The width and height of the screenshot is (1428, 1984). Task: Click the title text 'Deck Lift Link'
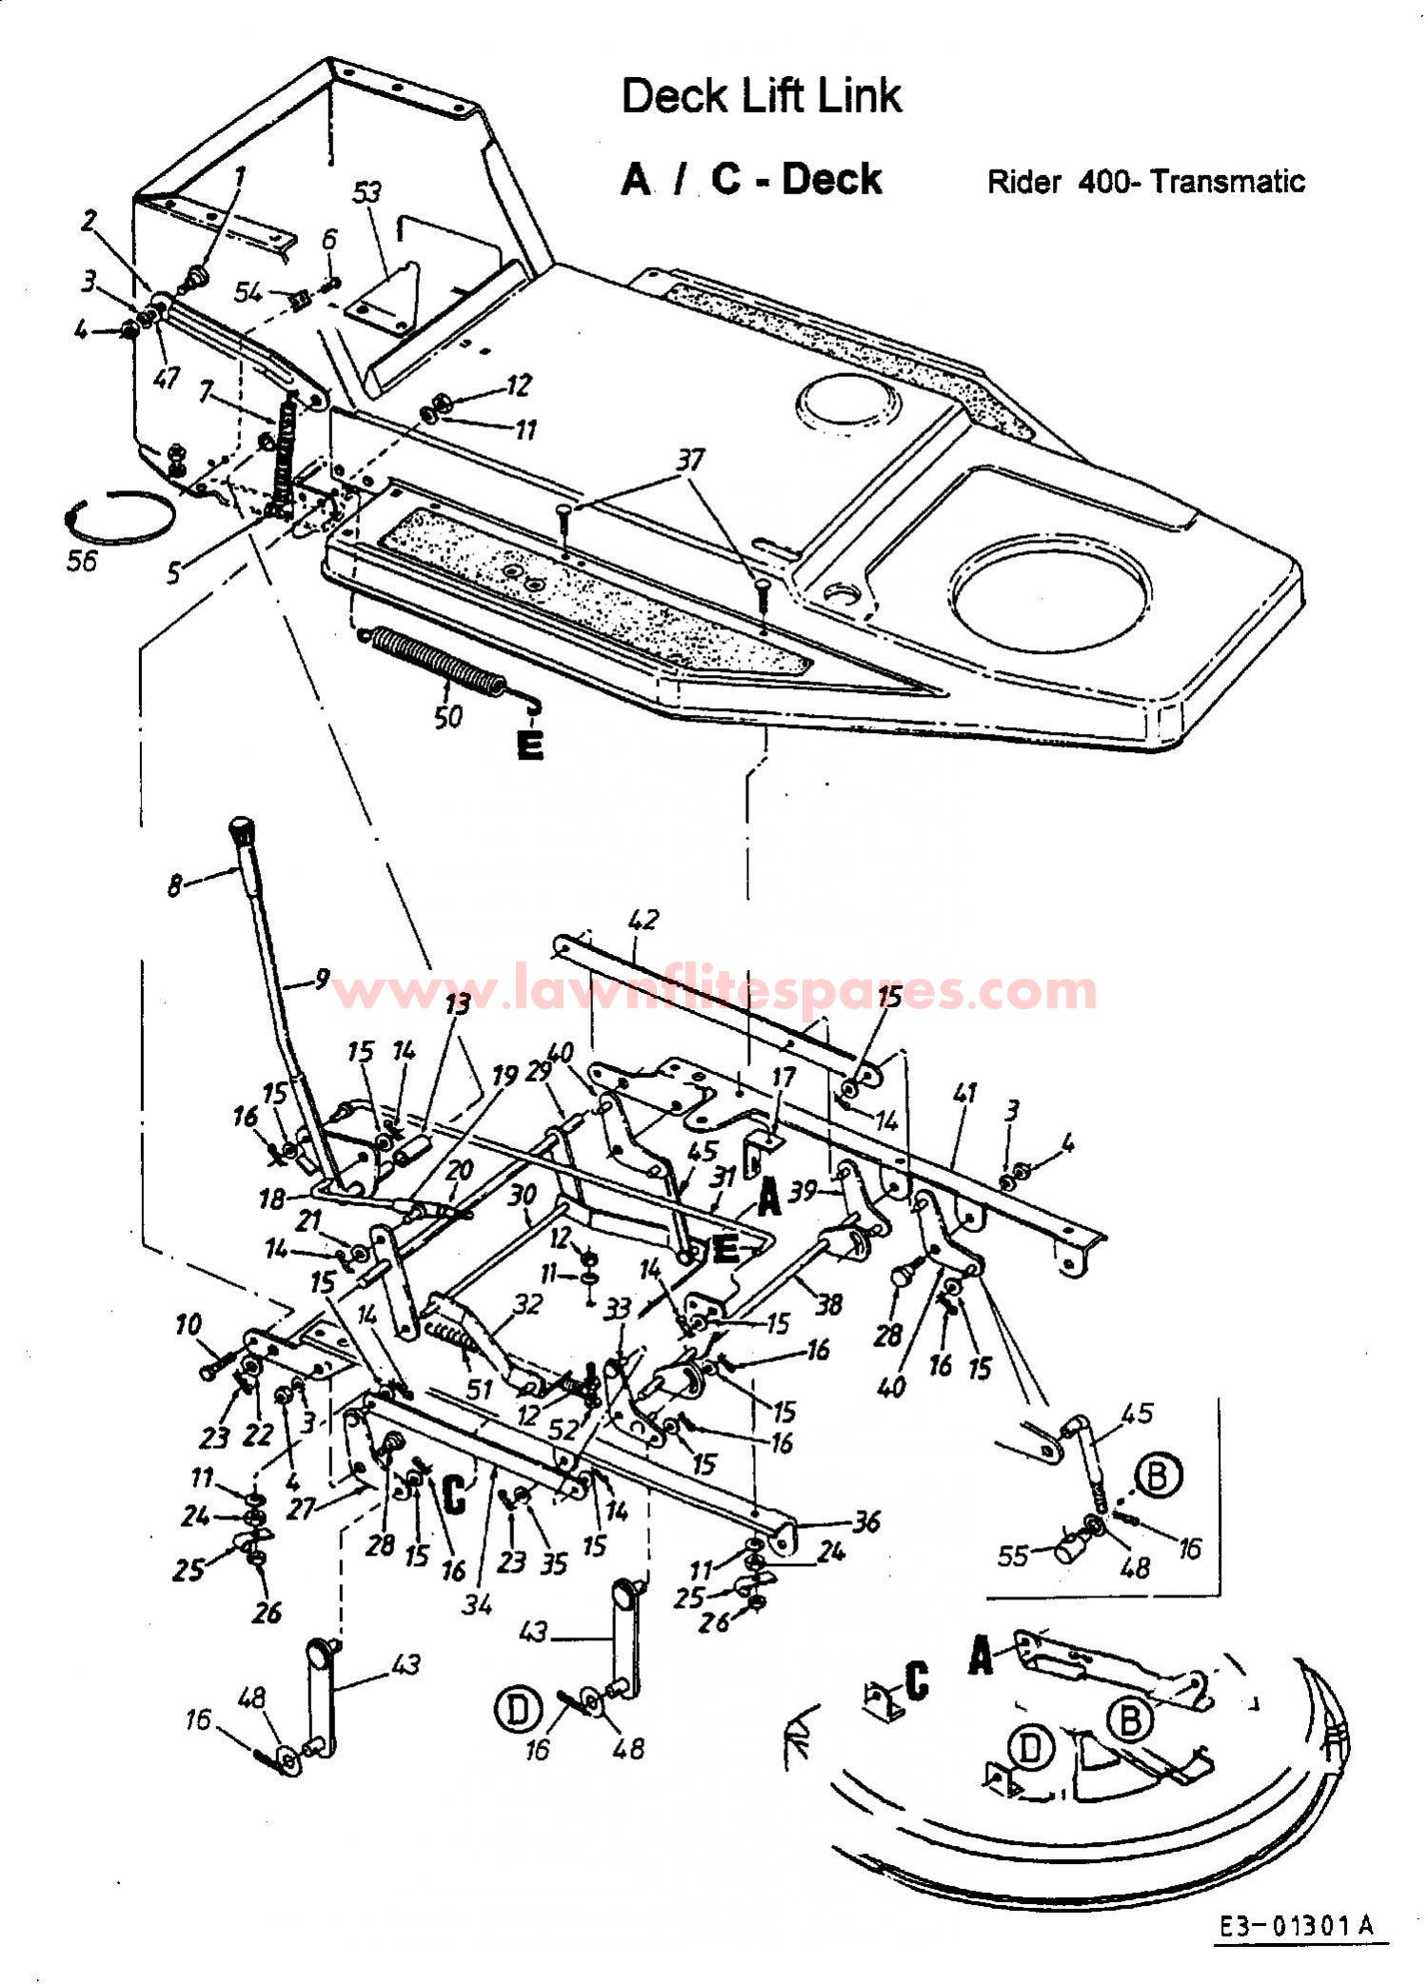(x=761, y=96)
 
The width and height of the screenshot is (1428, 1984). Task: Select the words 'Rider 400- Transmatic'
(x=1145, y=181)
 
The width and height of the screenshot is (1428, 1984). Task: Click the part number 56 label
(x=82, y=561)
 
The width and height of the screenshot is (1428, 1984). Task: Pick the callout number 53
(x=367, y=193)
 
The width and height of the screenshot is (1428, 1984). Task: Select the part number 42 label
(x=645, y=920)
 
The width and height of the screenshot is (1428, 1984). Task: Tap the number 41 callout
(x=965, y=1094)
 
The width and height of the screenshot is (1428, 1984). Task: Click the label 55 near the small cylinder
(x=1013, y=1555)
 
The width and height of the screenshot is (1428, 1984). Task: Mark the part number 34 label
(x=478, y=1604)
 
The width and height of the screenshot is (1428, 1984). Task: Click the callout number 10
(x=188, y=1324)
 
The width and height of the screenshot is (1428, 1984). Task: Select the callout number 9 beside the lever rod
(x=322, y=978)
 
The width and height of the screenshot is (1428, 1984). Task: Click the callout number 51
(x=479, y=1389)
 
